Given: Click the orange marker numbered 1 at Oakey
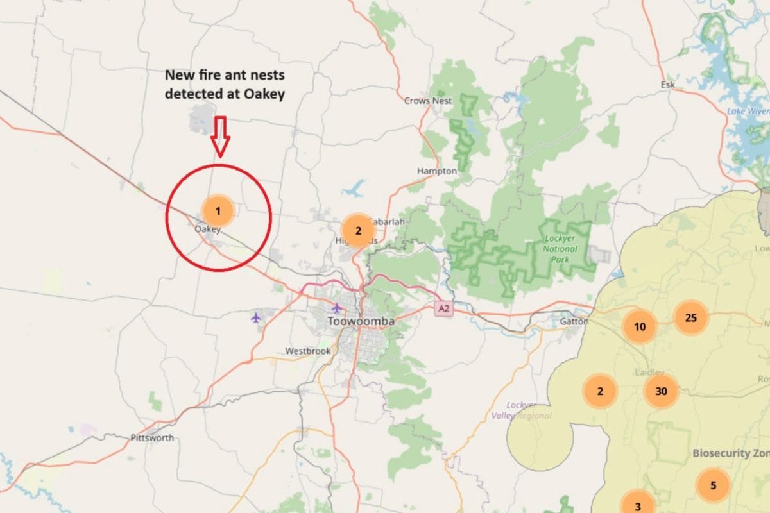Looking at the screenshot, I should [218, 210].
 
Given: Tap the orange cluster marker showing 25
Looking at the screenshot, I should [690, 317].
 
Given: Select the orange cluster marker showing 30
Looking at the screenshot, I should [661, 391].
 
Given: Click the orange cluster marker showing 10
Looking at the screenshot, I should [640, 326].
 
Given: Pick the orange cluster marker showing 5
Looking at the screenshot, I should [713, 485].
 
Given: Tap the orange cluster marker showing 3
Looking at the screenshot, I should [637, 501].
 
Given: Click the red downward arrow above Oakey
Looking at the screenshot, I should [220, 137].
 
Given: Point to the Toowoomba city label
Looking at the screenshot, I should [361, 321].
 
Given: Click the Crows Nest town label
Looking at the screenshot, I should [428, 101].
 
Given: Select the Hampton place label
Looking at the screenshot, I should [437, 171].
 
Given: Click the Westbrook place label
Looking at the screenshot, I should [308, 351].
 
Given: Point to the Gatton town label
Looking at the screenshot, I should [573, 321].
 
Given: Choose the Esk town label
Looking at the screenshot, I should [667, 85].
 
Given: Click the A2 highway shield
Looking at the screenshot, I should [443, 309].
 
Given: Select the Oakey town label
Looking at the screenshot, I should [208, 229].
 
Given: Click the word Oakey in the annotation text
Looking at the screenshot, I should [264, 94].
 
